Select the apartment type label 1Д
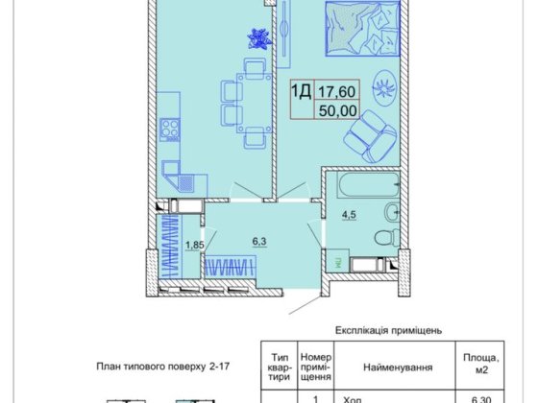click(301, 93)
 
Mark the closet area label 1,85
click(195, 244)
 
